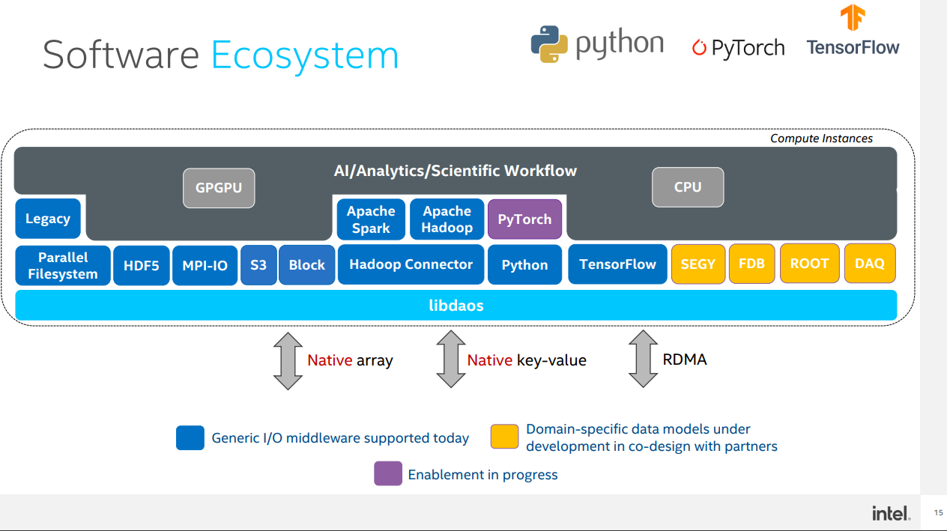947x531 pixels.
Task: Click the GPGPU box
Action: click(x=219, y=188)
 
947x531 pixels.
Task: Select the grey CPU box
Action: click(x=688, y=187)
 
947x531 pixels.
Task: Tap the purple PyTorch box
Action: click(x=524, y=219)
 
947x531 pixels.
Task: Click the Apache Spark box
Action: click(x=371, y=219)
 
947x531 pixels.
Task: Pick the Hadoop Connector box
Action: click(x=411, y=264)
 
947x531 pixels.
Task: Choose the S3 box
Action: click(x=258, y=265)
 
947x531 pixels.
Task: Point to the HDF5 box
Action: click(x=141, y=265)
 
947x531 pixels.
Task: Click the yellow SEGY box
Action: click(x=698, y=264)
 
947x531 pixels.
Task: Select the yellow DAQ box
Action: click(x=870, y=264)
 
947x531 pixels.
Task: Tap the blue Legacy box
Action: click(x=48, y=219)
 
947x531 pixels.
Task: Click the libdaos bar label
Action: click(x=456, y=306)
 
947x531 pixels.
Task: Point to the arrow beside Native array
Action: click(x=288, y=361)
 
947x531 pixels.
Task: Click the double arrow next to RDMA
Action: click(x=643, y=359)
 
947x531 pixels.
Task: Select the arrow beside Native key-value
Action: click(x=451, y=359)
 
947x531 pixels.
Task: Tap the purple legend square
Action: click(x=388, y=473)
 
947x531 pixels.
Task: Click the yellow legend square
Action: click(x=504, y=437)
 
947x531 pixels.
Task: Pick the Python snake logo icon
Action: click(x=549, y=44)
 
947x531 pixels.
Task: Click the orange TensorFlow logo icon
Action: click(x=853, y=17)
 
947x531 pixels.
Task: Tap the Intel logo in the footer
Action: click(x=891, y=513)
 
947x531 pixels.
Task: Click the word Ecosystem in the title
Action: click(x=305, y=56)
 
